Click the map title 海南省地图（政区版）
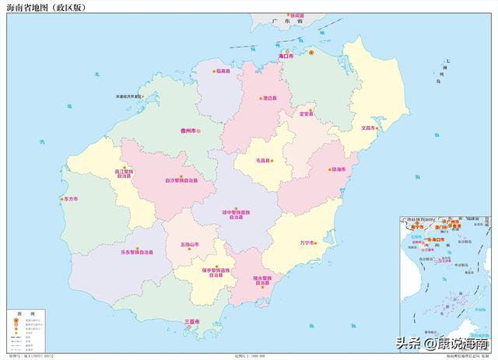tap(44, 7)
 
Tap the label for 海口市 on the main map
tap(286, 56)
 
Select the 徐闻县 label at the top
tap(296, 16)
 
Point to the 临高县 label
tap(223, 71)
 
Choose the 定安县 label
tap(306, 114)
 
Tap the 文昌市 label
tap(368, 127)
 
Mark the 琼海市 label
tap(338, 169)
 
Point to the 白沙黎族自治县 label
tap(181, 180)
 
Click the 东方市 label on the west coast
tap(71, 199)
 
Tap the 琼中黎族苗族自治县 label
tap(236, 214)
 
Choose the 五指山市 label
tap(190, 244)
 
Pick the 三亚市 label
tap(191, 322)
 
